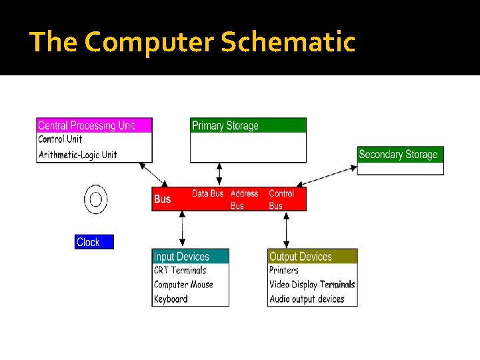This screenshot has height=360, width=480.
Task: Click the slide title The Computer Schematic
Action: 193,42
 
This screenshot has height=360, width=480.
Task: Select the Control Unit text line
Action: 60,139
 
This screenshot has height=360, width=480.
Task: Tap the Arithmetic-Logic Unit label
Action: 77,155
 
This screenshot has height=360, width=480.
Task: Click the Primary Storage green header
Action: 225,125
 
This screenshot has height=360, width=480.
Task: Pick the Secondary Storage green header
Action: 398,154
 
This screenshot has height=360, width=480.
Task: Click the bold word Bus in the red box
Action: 162,199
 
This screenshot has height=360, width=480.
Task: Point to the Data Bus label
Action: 207,193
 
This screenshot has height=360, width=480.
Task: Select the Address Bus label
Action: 244,199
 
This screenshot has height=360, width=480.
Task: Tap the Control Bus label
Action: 281,199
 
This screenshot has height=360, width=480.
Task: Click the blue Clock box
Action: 94,242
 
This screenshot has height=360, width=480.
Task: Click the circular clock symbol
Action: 95,199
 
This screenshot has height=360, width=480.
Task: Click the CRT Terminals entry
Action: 180,270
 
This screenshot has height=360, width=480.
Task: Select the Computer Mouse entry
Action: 183,285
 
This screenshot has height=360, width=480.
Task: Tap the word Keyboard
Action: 171,299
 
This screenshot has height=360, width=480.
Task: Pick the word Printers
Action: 284,270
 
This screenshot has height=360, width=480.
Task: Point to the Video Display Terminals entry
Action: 312,285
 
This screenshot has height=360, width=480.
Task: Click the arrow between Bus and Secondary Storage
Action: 327,172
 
